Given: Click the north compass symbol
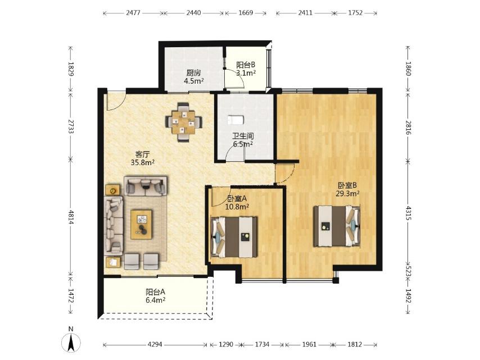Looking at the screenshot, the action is coord(71,340).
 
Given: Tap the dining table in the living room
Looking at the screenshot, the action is coord(183,122).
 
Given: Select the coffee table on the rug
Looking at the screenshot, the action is coord(141,224).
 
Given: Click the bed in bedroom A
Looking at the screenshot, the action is coord(234,237).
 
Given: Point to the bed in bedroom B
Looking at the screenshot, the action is coord(337,226).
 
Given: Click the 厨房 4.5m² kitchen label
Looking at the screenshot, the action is coord(194,77).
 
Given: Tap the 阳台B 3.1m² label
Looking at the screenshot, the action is coord(246,69).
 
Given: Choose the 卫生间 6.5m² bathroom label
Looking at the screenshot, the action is coord(243,140).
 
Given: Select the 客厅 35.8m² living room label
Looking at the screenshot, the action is coord(142,158).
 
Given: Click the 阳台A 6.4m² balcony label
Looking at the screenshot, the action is coord(156,296).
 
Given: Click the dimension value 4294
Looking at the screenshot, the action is coord(155,344).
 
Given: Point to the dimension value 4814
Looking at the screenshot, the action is coord(71,217).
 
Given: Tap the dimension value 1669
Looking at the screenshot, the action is coord(246,13).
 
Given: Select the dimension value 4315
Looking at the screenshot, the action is coord(409,213).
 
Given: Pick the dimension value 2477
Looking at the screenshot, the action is coord(133,13).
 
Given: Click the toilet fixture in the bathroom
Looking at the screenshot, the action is coord(235,120).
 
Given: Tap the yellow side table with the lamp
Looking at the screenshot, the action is coord(113,190).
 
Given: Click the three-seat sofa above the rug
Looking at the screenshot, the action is coord(146,186).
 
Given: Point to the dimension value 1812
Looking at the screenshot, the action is coord(355,344).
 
